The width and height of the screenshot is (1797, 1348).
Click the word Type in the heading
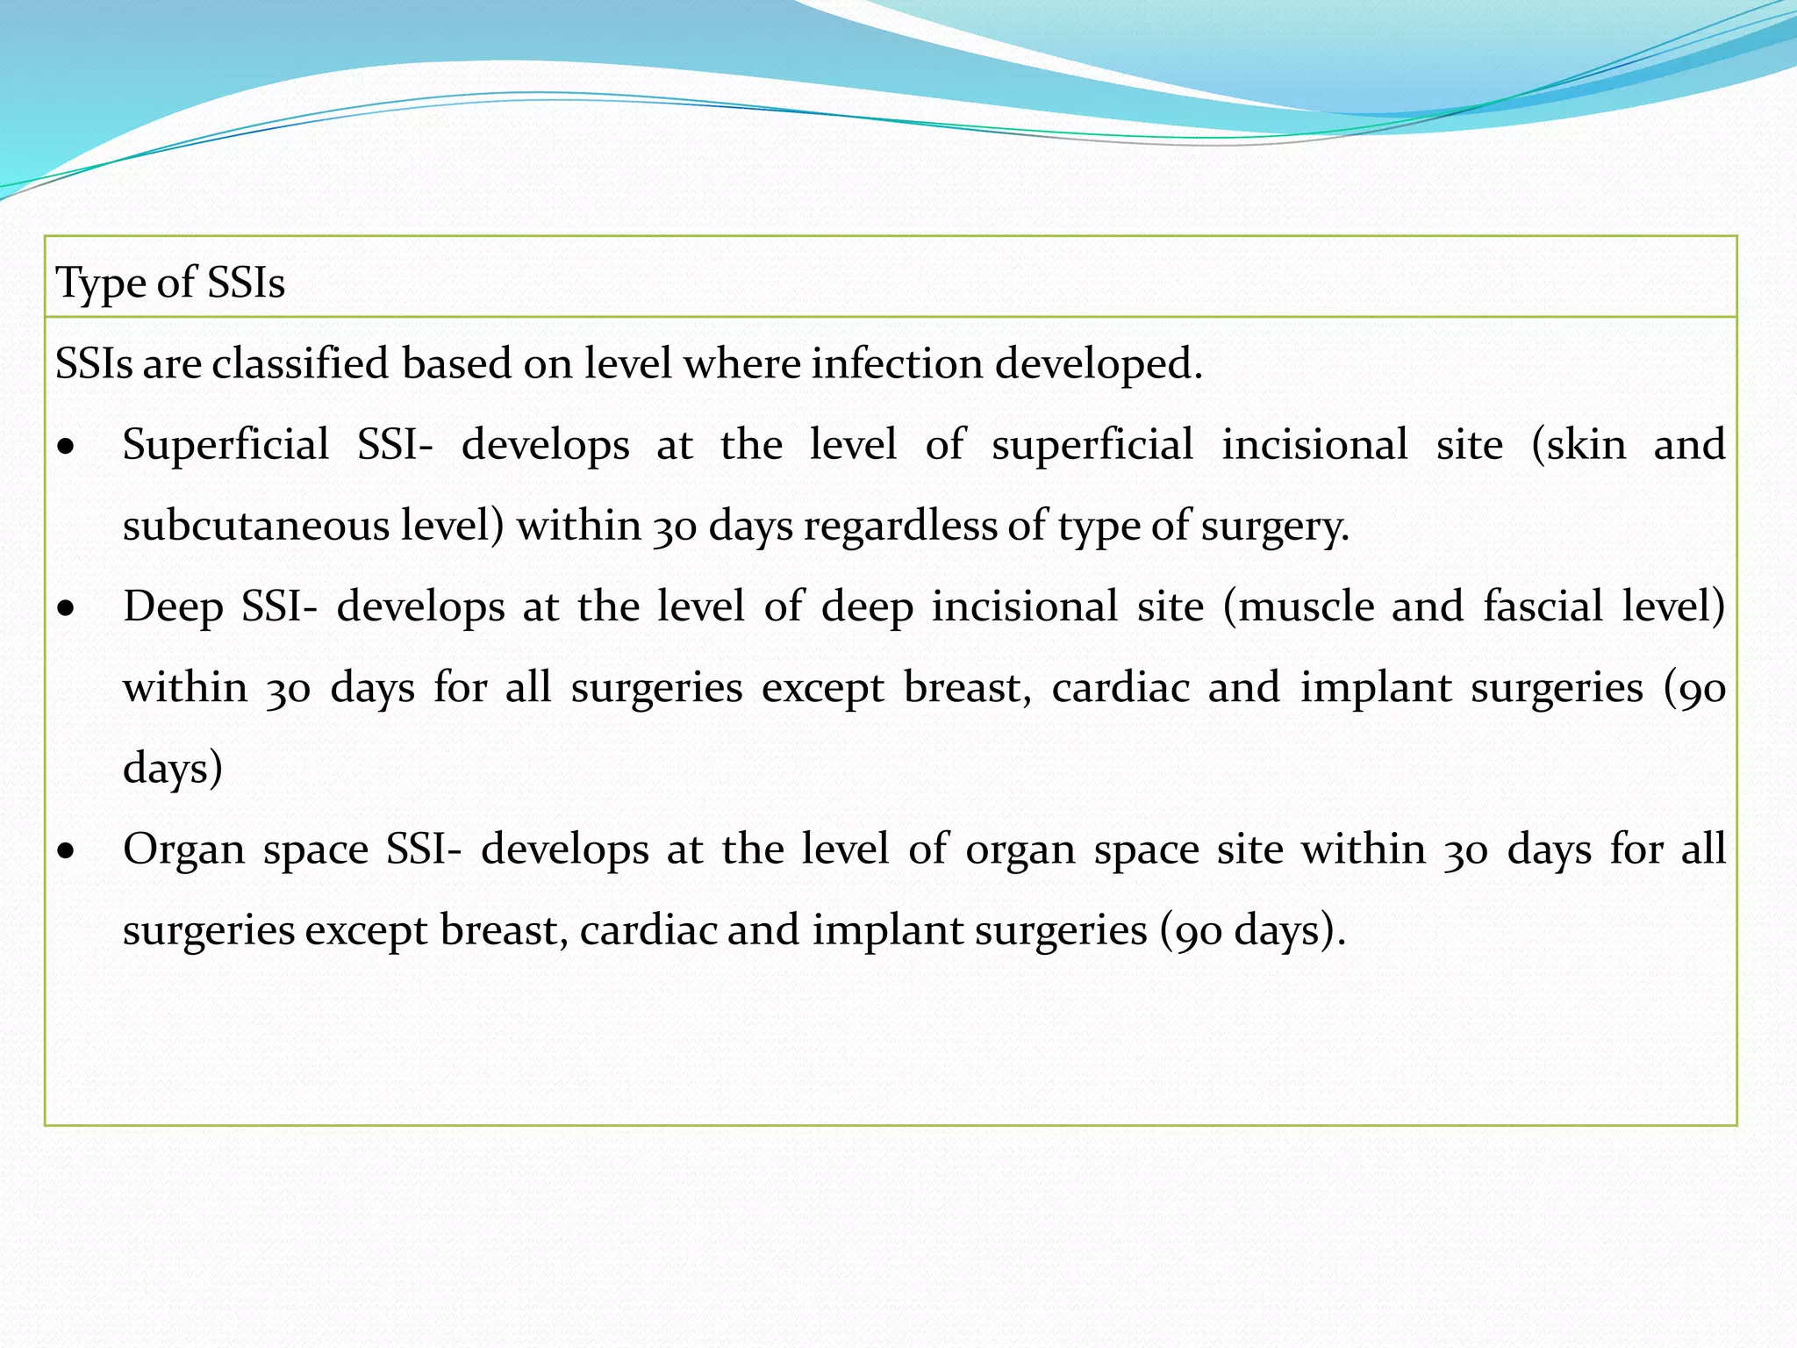tap(100, 283)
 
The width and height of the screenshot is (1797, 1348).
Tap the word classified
tap(300, 363)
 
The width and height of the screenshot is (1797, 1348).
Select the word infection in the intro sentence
tap(896, 363)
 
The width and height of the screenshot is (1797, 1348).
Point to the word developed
tap(1098, 363)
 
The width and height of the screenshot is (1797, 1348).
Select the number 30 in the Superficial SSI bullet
tap(674, 527)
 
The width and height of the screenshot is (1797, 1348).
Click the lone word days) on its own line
tap(173, 768)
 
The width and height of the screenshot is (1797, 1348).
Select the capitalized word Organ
tap(183, 850)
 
